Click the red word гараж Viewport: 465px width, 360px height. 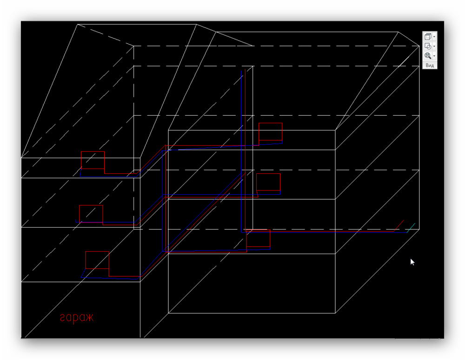tap(77, 318)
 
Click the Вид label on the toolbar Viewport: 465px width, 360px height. tap(430, 65)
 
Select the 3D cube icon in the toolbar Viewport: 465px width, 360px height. tap(428, 36)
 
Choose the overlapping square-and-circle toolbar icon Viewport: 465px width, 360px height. tap(428, 46)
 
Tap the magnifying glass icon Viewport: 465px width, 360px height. tap(428, 55)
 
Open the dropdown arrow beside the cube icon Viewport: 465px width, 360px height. tap(434, 37)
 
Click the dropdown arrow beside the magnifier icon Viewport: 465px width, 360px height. tap(434, 56)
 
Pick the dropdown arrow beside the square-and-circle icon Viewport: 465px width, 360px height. tap(434, 46)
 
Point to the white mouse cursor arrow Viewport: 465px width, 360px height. tap(412, 262)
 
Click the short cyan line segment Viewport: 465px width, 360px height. tap(411, 228)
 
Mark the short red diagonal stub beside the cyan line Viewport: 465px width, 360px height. tap(399, 225)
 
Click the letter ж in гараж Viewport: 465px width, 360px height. tap(89, 318)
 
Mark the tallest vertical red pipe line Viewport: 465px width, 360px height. tap(245, 150)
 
